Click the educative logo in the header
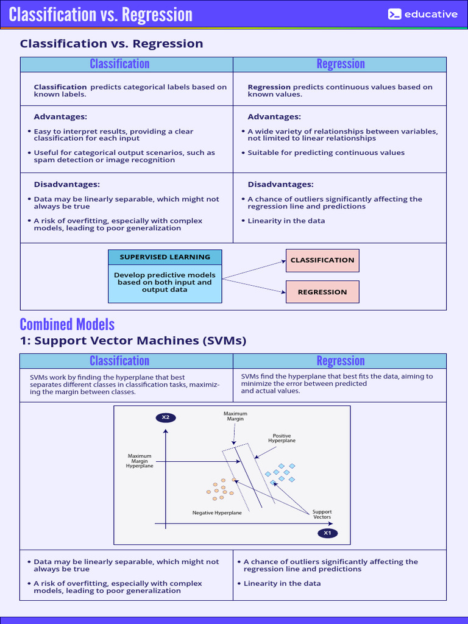pyautogui.click(x=422, y=14)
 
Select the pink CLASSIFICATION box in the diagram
pyautogui.click(x=322, y=260)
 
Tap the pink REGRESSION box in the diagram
pyautogui.click(x=322, y=292)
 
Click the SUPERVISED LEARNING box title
pyautogui.click(x=165, y=257)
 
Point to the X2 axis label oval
pyautogui.click(x=165, y=417)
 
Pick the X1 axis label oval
pyautogui.click(x=327, y=533)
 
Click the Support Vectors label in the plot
pyautogui.click(x=322, y=514)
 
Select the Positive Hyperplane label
pyautogui.click(x=282, y=438)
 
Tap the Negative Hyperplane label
pyautogui.click(x=217, y=513)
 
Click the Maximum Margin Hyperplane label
pyautogui.click(x=140, y=461)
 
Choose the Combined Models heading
pyautogui.click(x=67, y=324)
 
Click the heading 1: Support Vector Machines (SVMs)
pyautogui.click(x=133, y=341)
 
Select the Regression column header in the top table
pyautogui.click(x=340, y=64)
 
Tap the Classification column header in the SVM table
pyautogui.click(x=119, y=361)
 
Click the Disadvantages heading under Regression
pyautogui.click(x=280, y=185)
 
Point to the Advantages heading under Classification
pyautogui.click(x=60, y=117)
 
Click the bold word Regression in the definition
pyautogui.click(x=269, y=87)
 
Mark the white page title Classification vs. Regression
pyautogui.click(x=101, y=15)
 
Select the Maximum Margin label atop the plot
pyautogui.click(x=235, y=416)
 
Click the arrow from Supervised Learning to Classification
pyautogui.click(x=253, y=269)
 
